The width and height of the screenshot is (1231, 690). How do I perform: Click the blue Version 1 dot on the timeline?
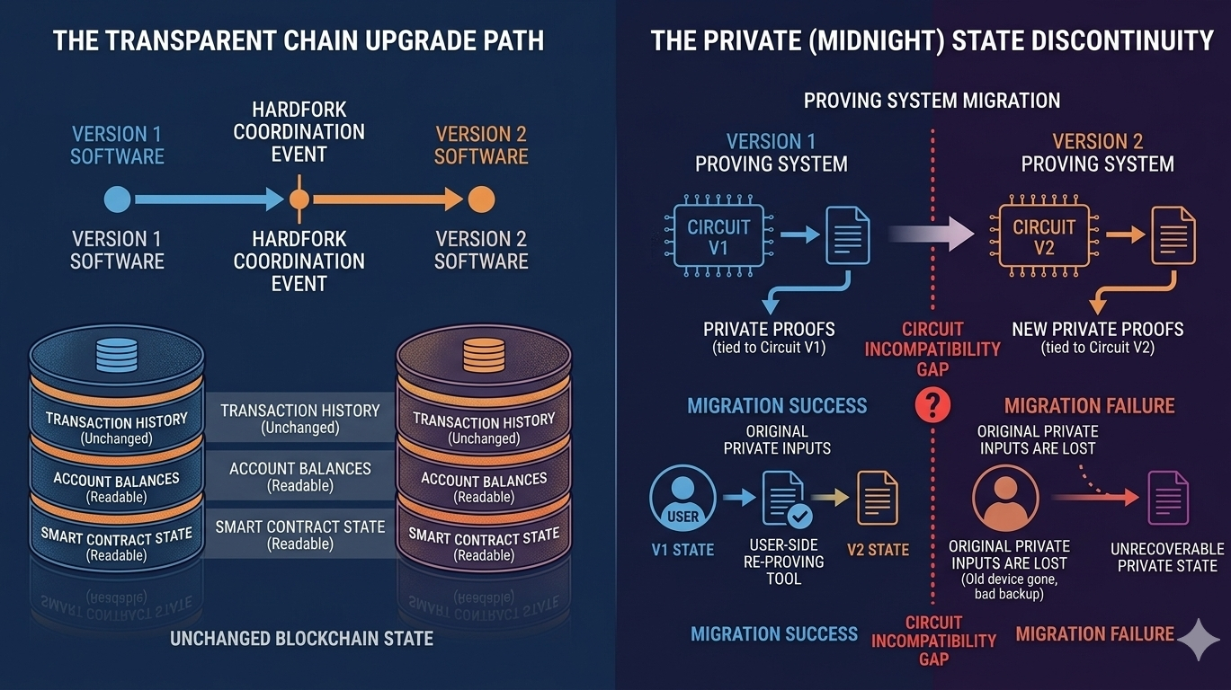pos(118,199)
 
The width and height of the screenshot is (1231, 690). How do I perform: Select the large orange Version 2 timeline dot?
pos(481,199)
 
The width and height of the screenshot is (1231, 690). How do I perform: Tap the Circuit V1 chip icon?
pos(718,236)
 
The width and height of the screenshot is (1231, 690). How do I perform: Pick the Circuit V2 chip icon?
pos(1044,236)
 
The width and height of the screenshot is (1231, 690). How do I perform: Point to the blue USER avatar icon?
pos(682,498)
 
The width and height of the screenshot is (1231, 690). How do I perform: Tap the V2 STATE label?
pos(878,550)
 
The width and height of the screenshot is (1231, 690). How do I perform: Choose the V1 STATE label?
pos(682,550)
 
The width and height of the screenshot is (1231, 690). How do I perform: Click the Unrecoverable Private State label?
pos(1167,557)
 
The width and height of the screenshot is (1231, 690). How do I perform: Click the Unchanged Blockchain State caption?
pos(301,639)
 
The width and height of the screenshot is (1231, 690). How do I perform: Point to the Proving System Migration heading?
pos(932,100)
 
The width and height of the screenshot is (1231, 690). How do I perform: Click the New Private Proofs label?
pos(1097,329)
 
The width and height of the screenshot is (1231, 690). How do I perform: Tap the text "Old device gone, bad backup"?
pos(1009,587)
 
